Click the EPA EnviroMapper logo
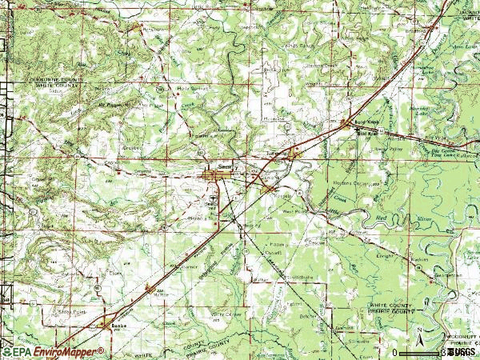pos(53,351)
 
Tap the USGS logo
pos(461,351)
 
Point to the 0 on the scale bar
pos(394,352)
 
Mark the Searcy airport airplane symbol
pos(212,193)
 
